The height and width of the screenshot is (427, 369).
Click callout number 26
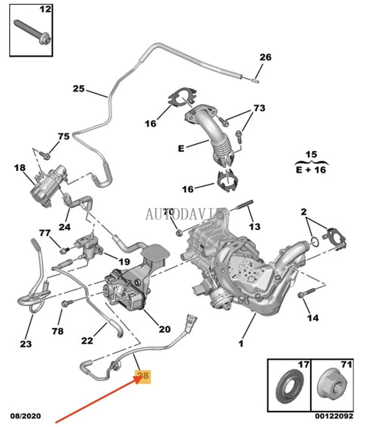click(x=265, y=57)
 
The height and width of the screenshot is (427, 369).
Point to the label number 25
click(x=78, y=89)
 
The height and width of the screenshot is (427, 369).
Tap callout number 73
click(x=259, y=108)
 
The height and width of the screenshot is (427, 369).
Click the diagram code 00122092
click(x=334, y=416)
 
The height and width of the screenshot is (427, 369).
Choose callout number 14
click(x=313, y=318)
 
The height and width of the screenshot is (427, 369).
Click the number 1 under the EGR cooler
click(x=241, y=344)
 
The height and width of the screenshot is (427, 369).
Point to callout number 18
click(x=20, y=168)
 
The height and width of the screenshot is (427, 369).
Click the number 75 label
click(x=64, y=136)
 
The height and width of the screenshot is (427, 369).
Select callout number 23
click(x=26, y=344)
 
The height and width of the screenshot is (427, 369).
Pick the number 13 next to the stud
click(x=255, y=227)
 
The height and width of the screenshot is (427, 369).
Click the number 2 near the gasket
click(x=304, y=211)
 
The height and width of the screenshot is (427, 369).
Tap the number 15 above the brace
click(x=312, y=155)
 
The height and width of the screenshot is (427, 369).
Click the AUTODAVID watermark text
click(x=184, y=214)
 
